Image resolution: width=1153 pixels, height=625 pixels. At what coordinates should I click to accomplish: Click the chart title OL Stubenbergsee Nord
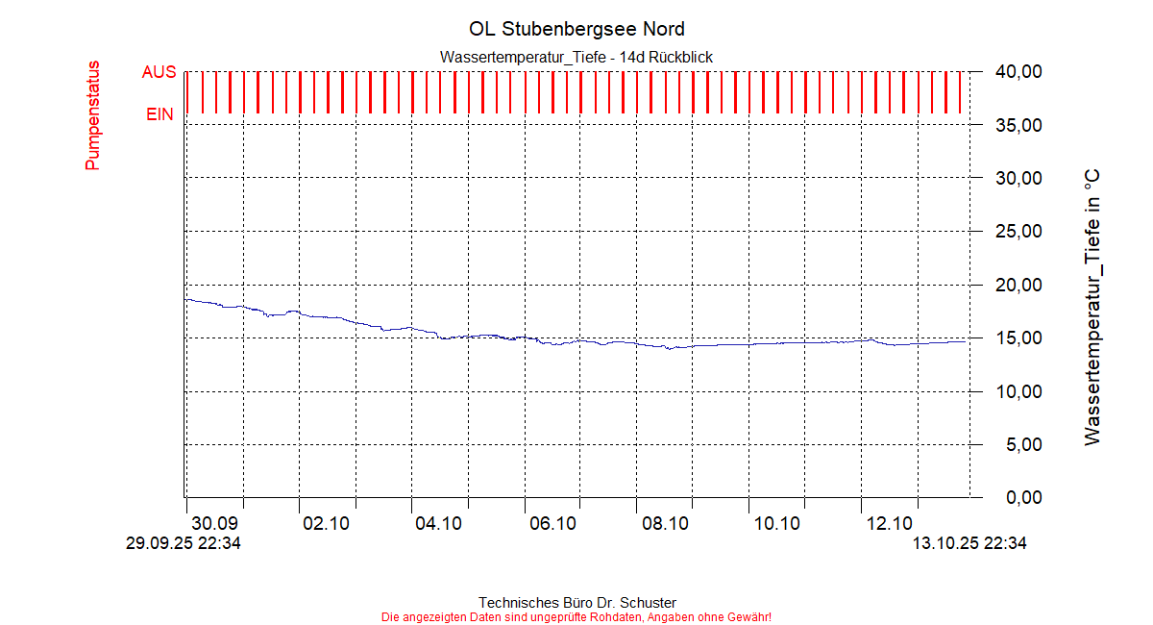[576, 29]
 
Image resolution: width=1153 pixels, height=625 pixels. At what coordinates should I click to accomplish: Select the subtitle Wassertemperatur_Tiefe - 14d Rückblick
[576, 58]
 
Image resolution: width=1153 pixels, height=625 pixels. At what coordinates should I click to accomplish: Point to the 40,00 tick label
[1018, 71]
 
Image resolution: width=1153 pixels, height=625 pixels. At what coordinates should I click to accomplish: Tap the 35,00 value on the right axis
[1018, 125]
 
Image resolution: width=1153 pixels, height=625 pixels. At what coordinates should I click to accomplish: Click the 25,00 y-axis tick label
[1018, 232]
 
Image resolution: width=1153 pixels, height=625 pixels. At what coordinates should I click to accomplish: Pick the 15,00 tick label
[1018, 338]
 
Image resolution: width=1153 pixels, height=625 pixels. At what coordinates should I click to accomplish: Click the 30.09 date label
[214, 524]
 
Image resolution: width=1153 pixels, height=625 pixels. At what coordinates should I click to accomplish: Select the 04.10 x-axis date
[439, 524]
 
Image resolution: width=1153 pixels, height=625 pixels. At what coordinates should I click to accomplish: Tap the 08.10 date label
[665, 524]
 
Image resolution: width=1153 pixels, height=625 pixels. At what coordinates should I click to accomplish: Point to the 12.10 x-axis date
[890, 524]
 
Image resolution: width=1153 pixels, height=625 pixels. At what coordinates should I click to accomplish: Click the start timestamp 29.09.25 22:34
[184, 543]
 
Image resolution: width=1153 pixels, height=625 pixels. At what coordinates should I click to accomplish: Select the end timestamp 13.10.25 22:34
[969, 543]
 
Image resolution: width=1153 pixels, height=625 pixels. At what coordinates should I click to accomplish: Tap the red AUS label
[159, 72]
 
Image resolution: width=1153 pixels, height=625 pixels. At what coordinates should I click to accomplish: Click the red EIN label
[159, 114]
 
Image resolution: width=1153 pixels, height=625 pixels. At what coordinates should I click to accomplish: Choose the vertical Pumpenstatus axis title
[93, 115]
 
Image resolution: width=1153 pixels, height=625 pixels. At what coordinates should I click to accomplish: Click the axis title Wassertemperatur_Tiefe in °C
[1092, 307]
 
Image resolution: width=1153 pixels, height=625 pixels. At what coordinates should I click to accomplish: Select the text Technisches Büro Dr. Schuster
[576, 603]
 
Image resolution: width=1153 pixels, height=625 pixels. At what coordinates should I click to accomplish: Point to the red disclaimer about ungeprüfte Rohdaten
[576, 617]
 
